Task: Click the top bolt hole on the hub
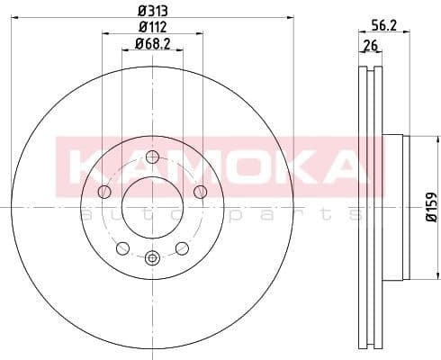[152, 155]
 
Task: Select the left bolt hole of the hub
[104, 191]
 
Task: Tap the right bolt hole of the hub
[200, 191]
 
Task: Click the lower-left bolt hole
[123, 247]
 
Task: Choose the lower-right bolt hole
[182, 247]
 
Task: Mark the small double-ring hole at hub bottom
[152, 258]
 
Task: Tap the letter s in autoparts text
[356, 214]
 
